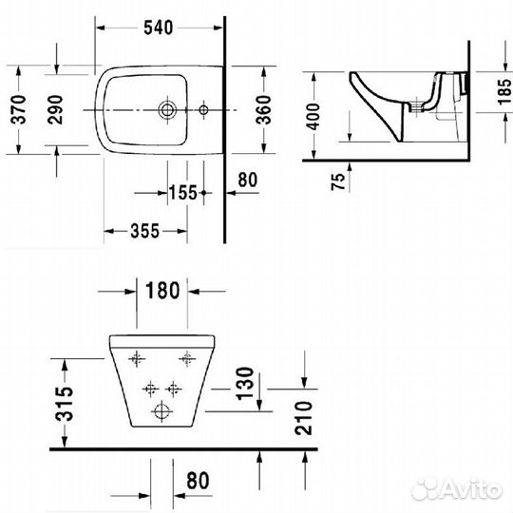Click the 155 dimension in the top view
coord(182,192)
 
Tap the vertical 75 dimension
coord(338,180)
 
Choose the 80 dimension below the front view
coord(196,479)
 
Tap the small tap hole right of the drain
coord(203,111)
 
